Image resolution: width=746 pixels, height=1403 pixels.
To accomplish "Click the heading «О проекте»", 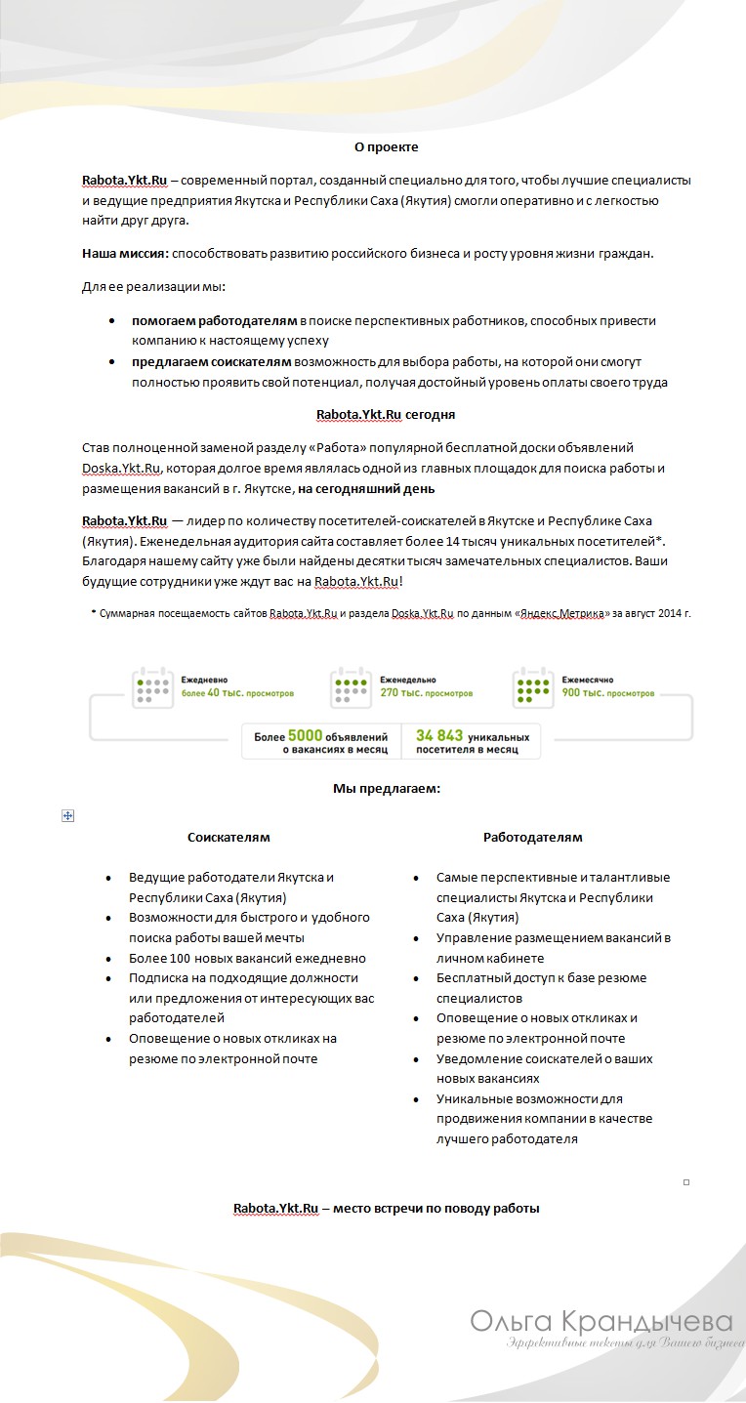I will pos(386,146).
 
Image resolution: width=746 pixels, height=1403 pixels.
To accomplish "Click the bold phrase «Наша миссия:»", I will pos(125,254).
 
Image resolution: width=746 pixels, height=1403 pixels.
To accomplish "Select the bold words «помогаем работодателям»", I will pos(215,320).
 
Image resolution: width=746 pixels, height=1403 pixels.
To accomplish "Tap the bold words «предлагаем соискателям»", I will pos(211,361).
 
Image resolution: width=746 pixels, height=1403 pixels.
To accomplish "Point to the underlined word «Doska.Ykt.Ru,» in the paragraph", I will pos(122,468).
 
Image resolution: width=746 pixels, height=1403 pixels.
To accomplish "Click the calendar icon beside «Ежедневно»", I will pos(152,686).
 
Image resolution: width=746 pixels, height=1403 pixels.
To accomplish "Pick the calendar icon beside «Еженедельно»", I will pos(351,686).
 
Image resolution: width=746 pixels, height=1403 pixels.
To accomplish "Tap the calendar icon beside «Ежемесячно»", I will pos(533,686).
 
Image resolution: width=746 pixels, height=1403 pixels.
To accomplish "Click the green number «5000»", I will pos(305,735).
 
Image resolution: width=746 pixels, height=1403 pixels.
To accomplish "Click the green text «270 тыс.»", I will pos(399,693).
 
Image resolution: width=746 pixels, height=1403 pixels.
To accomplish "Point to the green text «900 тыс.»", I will pos(581,693).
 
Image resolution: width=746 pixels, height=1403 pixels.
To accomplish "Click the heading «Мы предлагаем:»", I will pos(387,788).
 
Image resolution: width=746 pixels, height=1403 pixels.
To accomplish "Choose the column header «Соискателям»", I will pos(228,837).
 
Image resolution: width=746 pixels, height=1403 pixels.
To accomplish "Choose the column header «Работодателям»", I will pos(532,837).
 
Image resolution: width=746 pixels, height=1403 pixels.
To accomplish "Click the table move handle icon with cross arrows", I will pos(68,815).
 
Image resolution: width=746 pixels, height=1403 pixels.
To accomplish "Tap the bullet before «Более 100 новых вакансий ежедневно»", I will pos(108,959).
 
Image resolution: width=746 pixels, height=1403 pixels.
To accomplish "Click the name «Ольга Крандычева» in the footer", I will pos(601,1322).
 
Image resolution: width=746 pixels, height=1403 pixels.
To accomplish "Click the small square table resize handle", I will pos(686,1182).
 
